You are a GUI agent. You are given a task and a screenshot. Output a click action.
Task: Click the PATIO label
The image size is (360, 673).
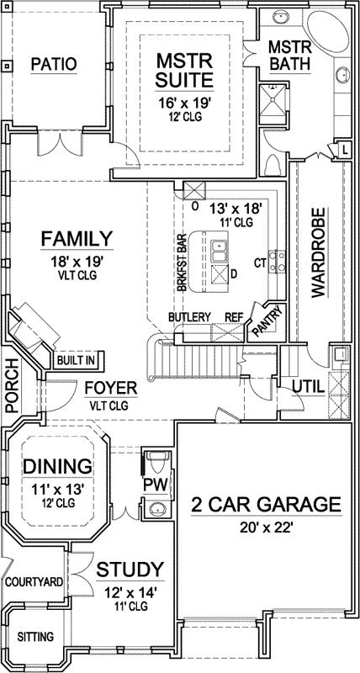[54, 64]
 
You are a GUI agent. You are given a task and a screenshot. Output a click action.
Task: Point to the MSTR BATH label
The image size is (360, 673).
[291, 54]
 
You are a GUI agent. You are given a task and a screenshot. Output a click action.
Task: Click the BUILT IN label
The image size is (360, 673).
[76, 360]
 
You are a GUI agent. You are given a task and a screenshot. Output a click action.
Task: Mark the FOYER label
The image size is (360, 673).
[106, 389]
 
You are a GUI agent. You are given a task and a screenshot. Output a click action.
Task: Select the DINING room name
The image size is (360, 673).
[57, 466]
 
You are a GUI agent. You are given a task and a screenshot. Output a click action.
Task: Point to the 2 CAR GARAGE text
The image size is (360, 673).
[266, 505]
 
